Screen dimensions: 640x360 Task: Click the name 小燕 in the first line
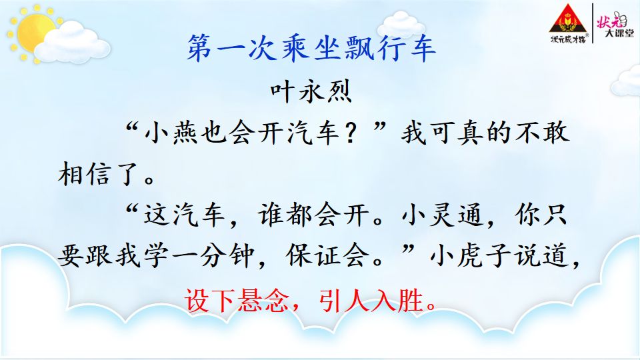(172, 133)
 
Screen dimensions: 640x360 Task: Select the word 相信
(85, 174)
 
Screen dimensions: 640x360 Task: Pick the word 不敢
(542, 133)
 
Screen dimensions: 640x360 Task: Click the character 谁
(271, 215)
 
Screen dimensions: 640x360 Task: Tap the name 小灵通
(443, 215)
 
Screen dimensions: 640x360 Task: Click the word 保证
(313, 256)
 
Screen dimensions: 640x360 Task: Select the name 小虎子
(470, 256)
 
